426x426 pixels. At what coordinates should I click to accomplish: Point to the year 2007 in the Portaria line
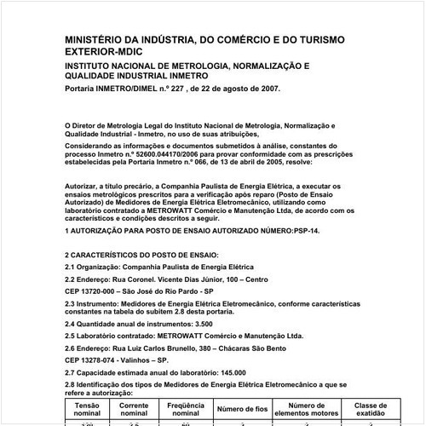tap(263, 89)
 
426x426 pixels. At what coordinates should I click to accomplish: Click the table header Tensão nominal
tap(88, 410)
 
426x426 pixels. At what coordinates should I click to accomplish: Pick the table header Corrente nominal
tap(135, 410)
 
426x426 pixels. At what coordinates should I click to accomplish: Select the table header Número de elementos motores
tap(308, 410)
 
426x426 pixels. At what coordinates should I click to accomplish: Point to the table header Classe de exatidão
tap(371, 410)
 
